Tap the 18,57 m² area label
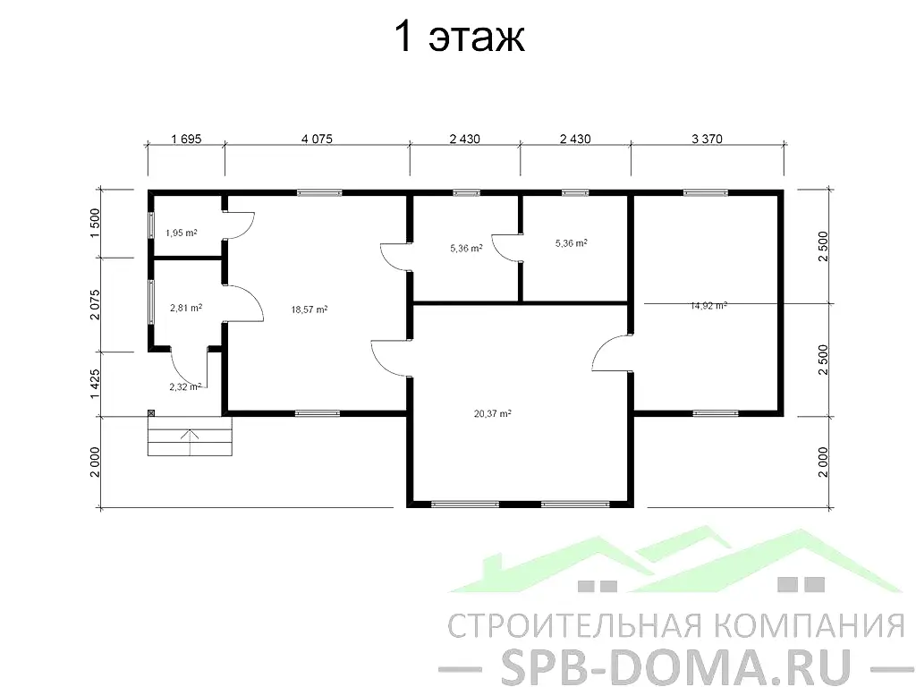click(x=309, y=310)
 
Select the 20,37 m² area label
click(x=493, y=413)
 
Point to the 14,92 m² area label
click(x=708, y=306)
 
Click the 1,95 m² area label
click(x=181, y=233)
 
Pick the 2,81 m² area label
click(x=186, y=308)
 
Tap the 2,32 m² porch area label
click(x=185, y=386)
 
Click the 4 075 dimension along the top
click(x=317, y=139)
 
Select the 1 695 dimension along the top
click(x=186, y=139)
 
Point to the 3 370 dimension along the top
click(x=707, y=139)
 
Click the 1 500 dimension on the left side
click(x=95, y=223)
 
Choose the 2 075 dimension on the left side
click(x=95, y=304)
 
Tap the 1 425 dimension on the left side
click(x=95, y=384)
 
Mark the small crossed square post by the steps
click(x=150, y=413)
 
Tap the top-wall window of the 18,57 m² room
click(x=319, y=193)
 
